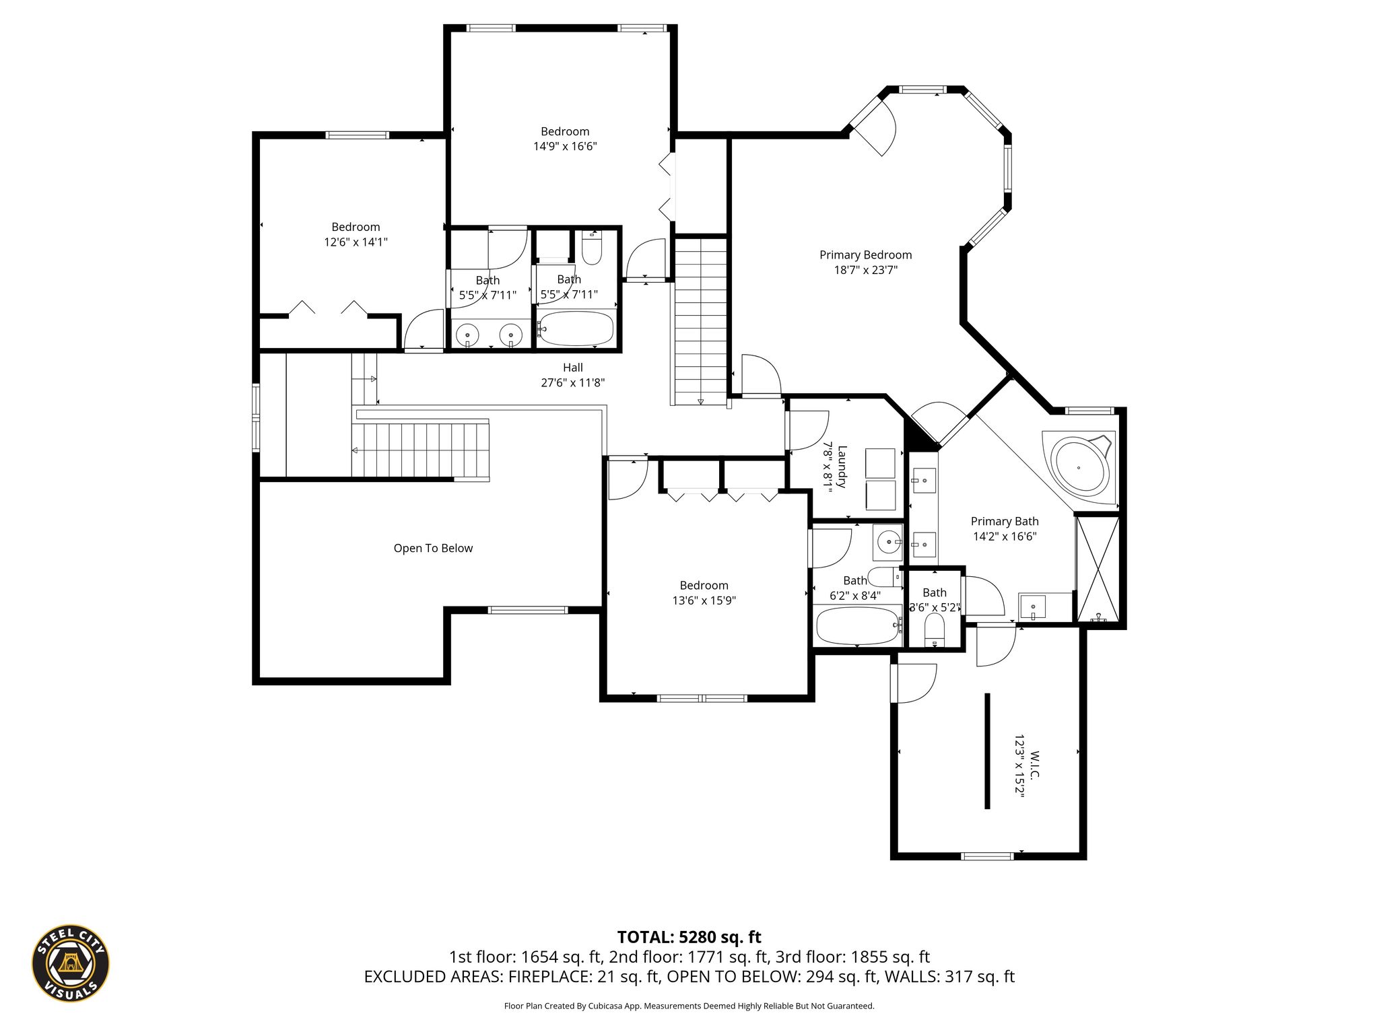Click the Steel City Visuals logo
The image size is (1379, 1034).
[71, 963]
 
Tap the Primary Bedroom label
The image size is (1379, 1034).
[865, 255]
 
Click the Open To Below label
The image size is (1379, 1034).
[433, 548]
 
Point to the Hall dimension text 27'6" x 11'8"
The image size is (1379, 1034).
[573, 382]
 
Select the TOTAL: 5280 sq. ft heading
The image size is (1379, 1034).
[689, 937]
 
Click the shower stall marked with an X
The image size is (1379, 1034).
[1098, 570]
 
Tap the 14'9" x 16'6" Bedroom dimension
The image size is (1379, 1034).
[565, 146]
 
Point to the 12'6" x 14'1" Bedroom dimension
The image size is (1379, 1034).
[356, 242]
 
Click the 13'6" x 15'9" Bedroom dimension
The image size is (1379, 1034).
[704, 600]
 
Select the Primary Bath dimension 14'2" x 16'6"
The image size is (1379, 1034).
[1005, 537]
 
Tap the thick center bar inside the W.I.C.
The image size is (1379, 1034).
[987, 751]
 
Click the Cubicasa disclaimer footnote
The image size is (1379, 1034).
[689, 1006]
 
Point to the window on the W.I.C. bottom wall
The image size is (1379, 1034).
[987, 856]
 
